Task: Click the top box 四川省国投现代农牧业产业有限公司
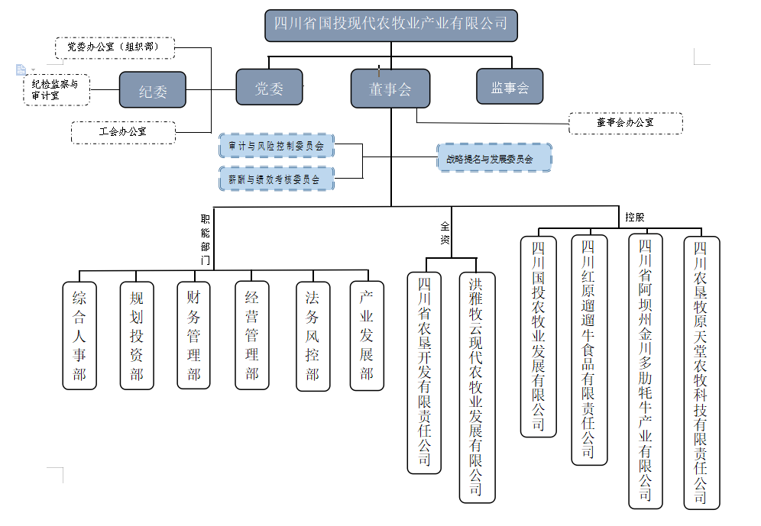click(390, 24)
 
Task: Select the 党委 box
click(269, 87)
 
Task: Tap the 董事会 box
click(390, 88)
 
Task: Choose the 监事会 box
click(510, 87)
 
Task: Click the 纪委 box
click(153, 90)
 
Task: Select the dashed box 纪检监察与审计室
click(57, 89)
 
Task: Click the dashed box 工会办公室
click(122, 132)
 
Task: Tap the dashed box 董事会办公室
click(625, 122)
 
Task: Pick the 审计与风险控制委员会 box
click(277, 145)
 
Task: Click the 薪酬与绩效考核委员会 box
click(277, 179)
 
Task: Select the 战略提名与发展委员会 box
click(494, 158)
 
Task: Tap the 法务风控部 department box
click(312, 335)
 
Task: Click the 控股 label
click(635, 217)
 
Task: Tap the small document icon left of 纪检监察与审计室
click(21, 69)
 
